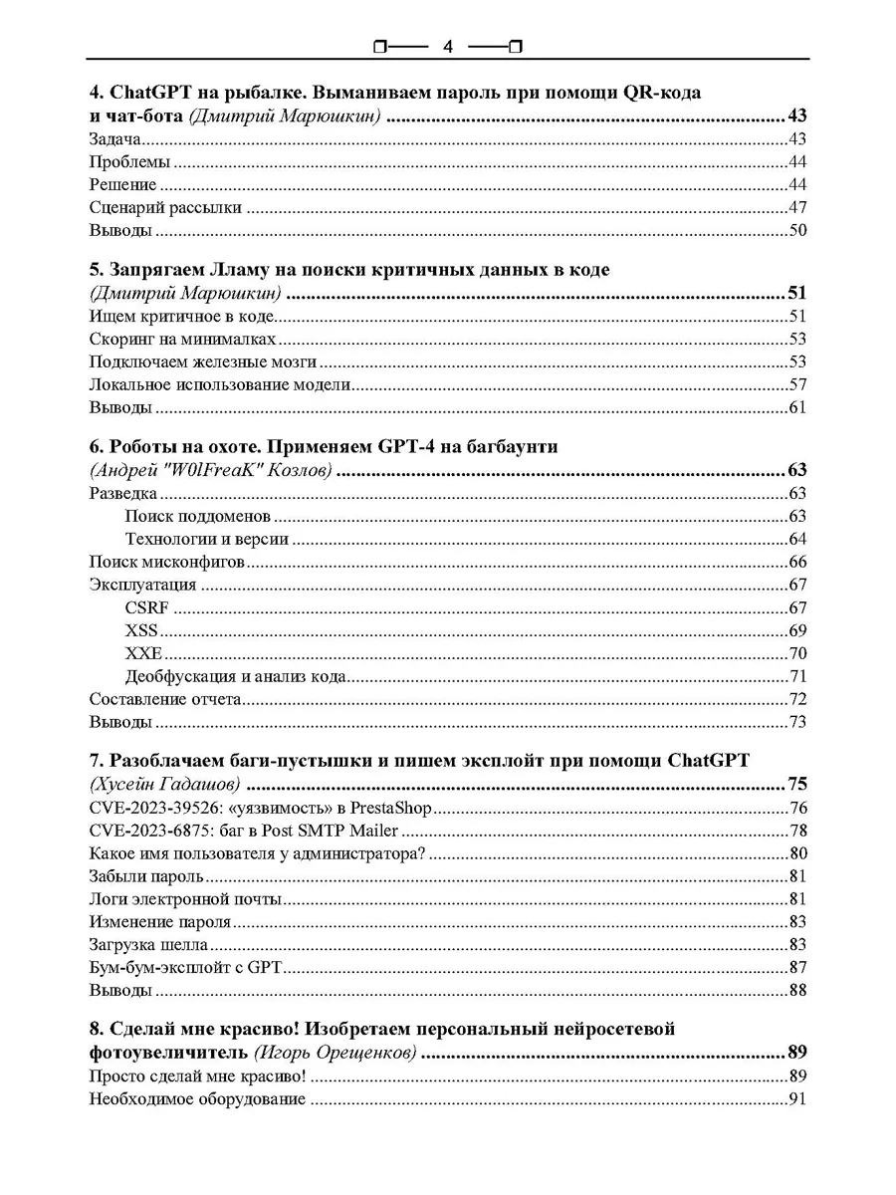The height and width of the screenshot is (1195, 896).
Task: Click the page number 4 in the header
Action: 448,46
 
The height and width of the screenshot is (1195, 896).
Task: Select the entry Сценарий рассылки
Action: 165,207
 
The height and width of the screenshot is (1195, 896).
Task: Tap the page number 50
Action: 796,231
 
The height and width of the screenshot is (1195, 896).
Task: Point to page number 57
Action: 796,384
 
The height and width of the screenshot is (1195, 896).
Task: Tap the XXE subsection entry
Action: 143,653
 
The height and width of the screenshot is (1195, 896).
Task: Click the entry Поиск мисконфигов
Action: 167,562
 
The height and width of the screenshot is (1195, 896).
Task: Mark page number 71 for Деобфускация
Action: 796,677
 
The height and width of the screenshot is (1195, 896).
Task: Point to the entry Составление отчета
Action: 165,699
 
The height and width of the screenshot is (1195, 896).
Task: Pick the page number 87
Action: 796,967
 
